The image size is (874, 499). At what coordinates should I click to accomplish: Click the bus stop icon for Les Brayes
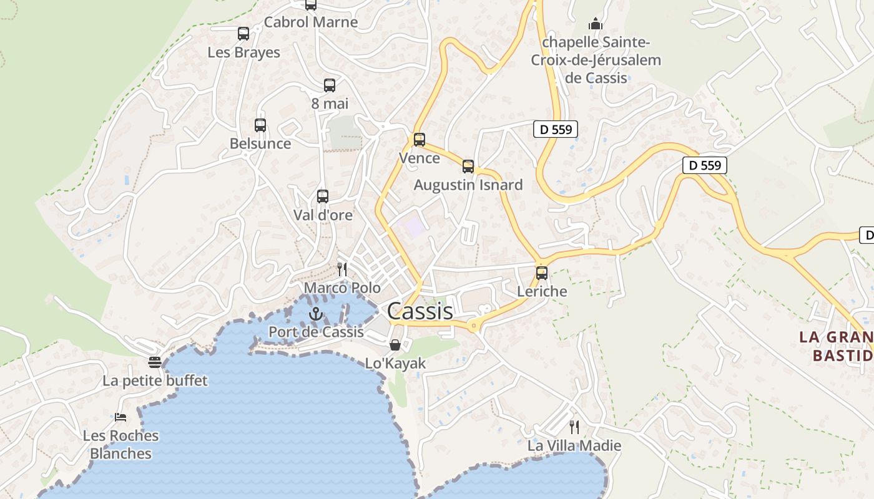point(243,34)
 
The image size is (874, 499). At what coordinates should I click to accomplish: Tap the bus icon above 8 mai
point(330,85)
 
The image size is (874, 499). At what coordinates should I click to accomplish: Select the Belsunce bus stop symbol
point(260,125)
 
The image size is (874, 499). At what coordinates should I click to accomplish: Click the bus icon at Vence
point(420,140)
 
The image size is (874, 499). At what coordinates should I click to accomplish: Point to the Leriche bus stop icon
point(542,273)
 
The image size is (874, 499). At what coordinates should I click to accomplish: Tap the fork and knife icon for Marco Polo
point(342,269)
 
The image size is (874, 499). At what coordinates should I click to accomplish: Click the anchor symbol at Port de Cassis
point(316,313)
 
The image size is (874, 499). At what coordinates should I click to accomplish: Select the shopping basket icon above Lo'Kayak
point(395,345)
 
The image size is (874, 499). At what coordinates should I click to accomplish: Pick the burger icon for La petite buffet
point(155,362)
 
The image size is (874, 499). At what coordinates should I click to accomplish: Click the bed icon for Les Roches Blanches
point(120,417)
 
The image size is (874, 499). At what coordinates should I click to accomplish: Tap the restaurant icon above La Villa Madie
point(574,427)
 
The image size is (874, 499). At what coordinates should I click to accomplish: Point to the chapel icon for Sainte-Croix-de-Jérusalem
point(596,24)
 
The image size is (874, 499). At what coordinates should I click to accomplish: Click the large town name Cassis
point(420,311)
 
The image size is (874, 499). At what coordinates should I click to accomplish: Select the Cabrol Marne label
point(311,22)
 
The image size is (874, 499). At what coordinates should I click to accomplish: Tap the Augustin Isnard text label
point(468,185)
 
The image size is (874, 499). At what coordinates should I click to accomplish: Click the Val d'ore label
point(323,215)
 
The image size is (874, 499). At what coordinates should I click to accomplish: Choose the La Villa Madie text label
point(574,445)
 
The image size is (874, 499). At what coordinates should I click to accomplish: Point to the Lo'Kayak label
point(395,363)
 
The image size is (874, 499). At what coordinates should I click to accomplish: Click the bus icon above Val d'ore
point(323,196)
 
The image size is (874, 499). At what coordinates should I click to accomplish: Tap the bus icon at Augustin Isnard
point(468,167)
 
